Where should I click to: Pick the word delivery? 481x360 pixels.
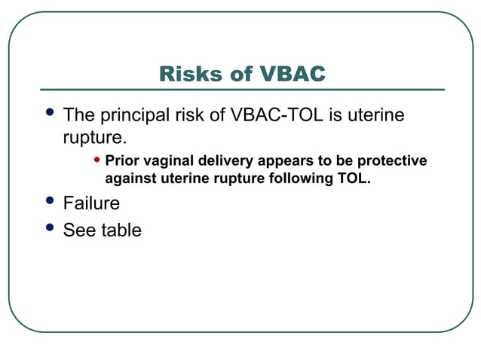(227, 161)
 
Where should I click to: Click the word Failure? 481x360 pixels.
(91, 203)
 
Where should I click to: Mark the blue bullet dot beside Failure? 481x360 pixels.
(51, 200)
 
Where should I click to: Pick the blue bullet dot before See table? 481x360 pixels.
(51, 227)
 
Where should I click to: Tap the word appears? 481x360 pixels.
(284, 161)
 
